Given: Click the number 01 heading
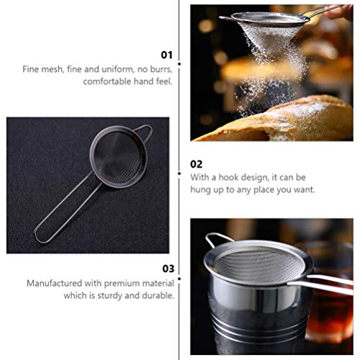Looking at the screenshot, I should tap(166, 54).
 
